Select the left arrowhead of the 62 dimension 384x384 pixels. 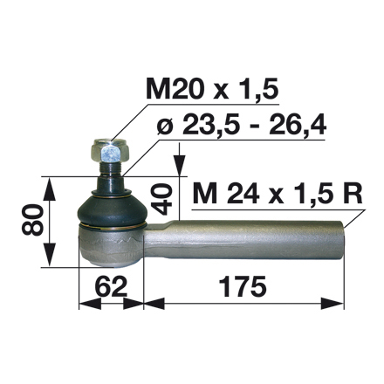(83, 305)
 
